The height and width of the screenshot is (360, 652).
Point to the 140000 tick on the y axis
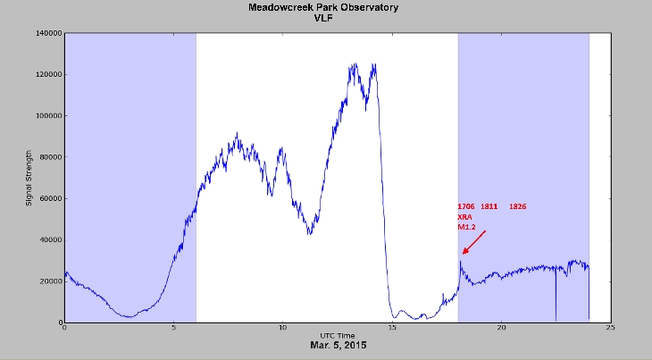48,33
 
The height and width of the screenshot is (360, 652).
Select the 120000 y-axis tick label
48,74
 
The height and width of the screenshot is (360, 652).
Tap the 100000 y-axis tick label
48,115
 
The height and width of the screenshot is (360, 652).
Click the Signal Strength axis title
29,178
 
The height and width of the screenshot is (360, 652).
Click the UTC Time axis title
325,334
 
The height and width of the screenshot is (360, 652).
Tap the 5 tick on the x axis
173,328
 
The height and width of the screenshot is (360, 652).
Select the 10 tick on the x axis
282,328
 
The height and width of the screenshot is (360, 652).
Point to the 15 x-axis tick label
392,328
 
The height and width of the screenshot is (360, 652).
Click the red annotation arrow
474,241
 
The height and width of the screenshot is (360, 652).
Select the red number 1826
518,206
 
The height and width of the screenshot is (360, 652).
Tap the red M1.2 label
467,227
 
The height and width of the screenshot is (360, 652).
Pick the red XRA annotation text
465,217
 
